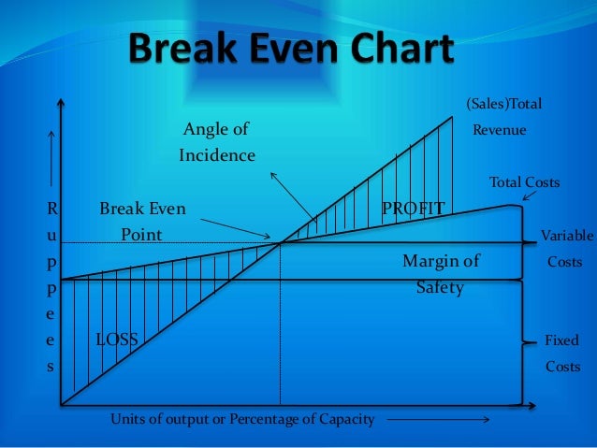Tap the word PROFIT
point(413,207)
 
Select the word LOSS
point(117,340)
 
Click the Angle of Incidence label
point(217,141)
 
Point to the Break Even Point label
point(142,221)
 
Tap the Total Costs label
point(524,182)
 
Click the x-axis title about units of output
point(242,419)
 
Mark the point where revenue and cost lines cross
point(280,243)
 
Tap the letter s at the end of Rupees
point(51,367)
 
